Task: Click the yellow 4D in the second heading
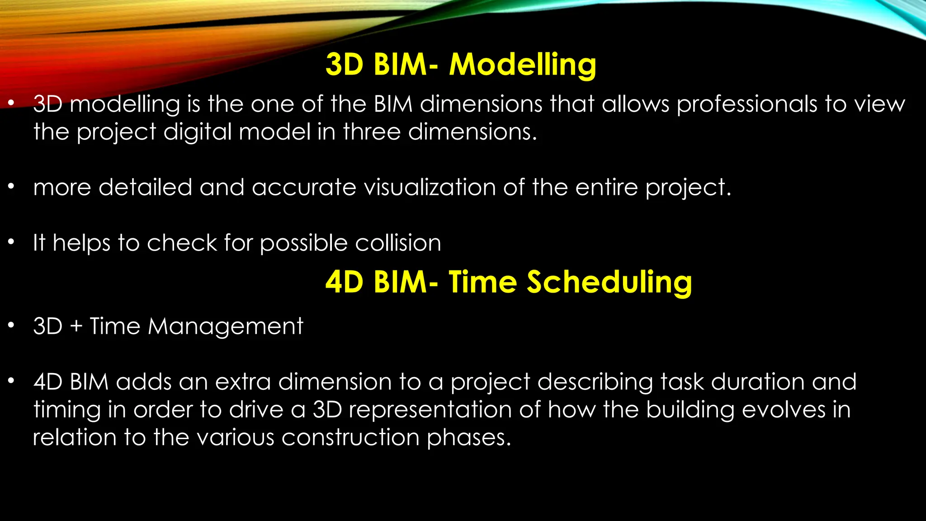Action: tap(344, 282)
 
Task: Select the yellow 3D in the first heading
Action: tap(344, 65)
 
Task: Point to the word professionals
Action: tap(746, 105)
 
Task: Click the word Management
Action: tap(225, 327)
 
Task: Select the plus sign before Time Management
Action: tap(76, 327)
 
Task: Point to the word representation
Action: tap(430, 410)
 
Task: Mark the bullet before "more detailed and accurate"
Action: tap(11, 186)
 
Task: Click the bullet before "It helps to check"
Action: tap(11, 242)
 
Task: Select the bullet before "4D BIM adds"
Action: tap(11, 381)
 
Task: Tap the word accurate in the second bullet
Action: tap(304, 187)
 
